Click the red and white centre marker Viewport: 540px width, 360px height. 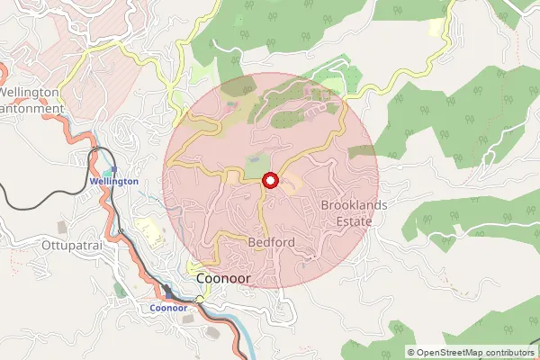point(269,181)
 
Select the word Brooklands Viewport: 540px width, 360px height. point(354,205)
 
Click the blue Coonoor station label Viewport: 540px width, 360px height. point(168,308)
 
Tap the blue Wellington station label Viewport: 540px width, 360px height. point(114,181)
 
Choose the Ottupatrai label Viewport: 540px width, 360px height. point(68,245)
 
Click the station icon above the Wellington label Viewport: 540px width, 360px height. point(110,169)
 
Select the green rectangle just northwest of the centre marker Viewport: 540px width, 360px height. point(256,166)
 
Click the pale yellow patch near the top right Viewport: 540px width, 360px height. point(436,27)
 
